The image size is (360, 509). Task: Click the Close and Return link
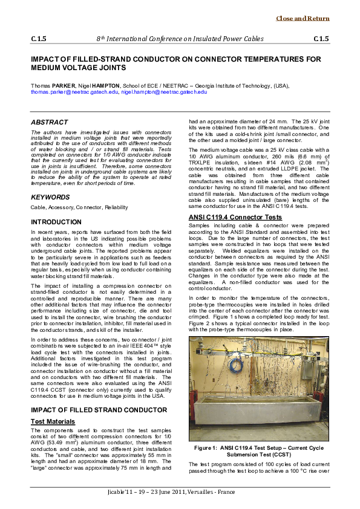coord(303,19)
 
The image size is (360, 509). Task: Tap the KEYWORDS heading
coord(48,198)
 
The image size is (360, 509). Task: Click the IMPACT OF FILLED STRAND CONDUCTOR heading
coord(99,410)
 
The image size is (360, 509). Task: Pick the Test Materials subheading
coord(53,421)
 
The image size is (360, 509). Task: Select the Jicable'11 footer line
coord(180,493)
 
